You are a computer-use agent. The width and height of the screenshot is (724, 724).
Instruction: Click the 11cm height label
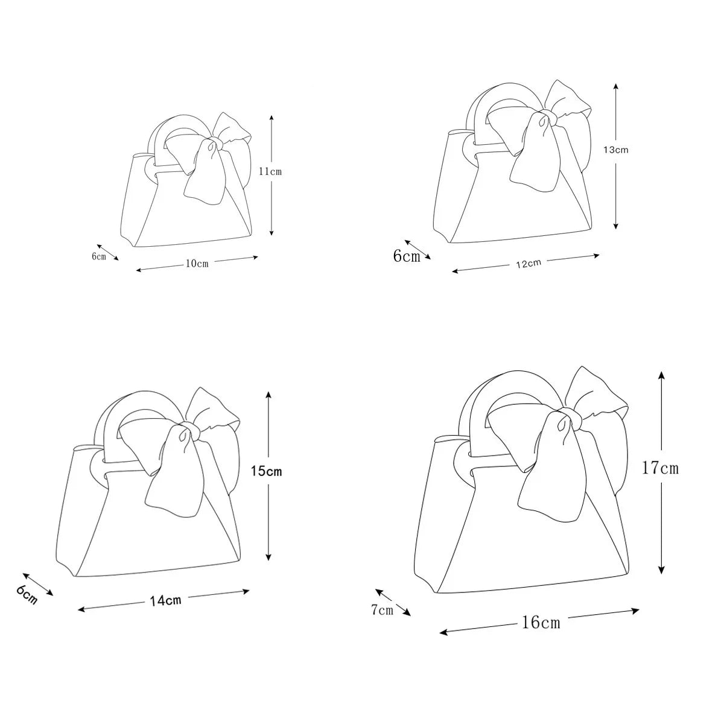click(x=270, y=172)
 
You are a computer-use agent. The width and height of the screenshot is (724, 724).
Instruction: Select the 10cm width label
click(x=197, y=264)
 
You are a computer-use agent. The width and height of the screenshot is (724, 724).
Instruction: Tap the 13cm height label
click(x=616, y=150)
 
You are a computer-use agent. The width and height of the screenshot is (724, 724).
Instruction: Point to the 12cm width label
click(x=529, y=264)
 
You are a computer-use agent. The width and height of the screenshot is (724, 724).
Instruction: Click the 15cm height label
click(x=267, y=471)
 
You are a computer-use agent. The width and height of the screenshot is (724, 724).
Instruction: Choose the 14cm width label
click(x=166, y=600)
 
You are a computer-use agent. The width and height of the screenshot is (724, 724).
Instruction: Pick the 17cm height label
click(x=660, y=468)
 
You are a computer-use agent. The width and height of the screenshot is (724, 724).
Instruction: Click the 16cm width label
click(x=541, y=623)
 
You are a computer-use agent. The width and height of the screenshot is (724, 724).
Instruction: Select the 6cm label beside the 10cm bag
click(x=99, y=256)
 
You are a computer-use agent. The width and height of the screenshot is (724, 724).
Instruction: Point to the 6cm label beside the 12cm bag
click(x=407, y=256)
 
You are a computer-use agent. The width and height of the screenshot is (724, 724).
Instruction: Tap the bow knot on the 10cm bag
click(x=215, y=143)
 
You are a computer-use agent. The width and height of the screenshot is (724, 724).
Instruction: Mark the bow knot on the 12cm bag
click(x=548, y=116)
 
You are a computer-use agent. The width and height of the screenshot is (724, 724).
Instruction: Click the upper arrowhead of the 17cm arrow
click(x=662, y=376)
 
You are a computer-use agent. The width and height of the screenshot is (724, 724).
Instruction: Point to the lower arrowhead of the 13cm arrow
click(x=615, y=225)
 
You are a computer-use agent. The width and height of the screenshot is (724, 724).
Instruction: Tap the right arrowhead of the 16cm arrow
click(x=634, y=611)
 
